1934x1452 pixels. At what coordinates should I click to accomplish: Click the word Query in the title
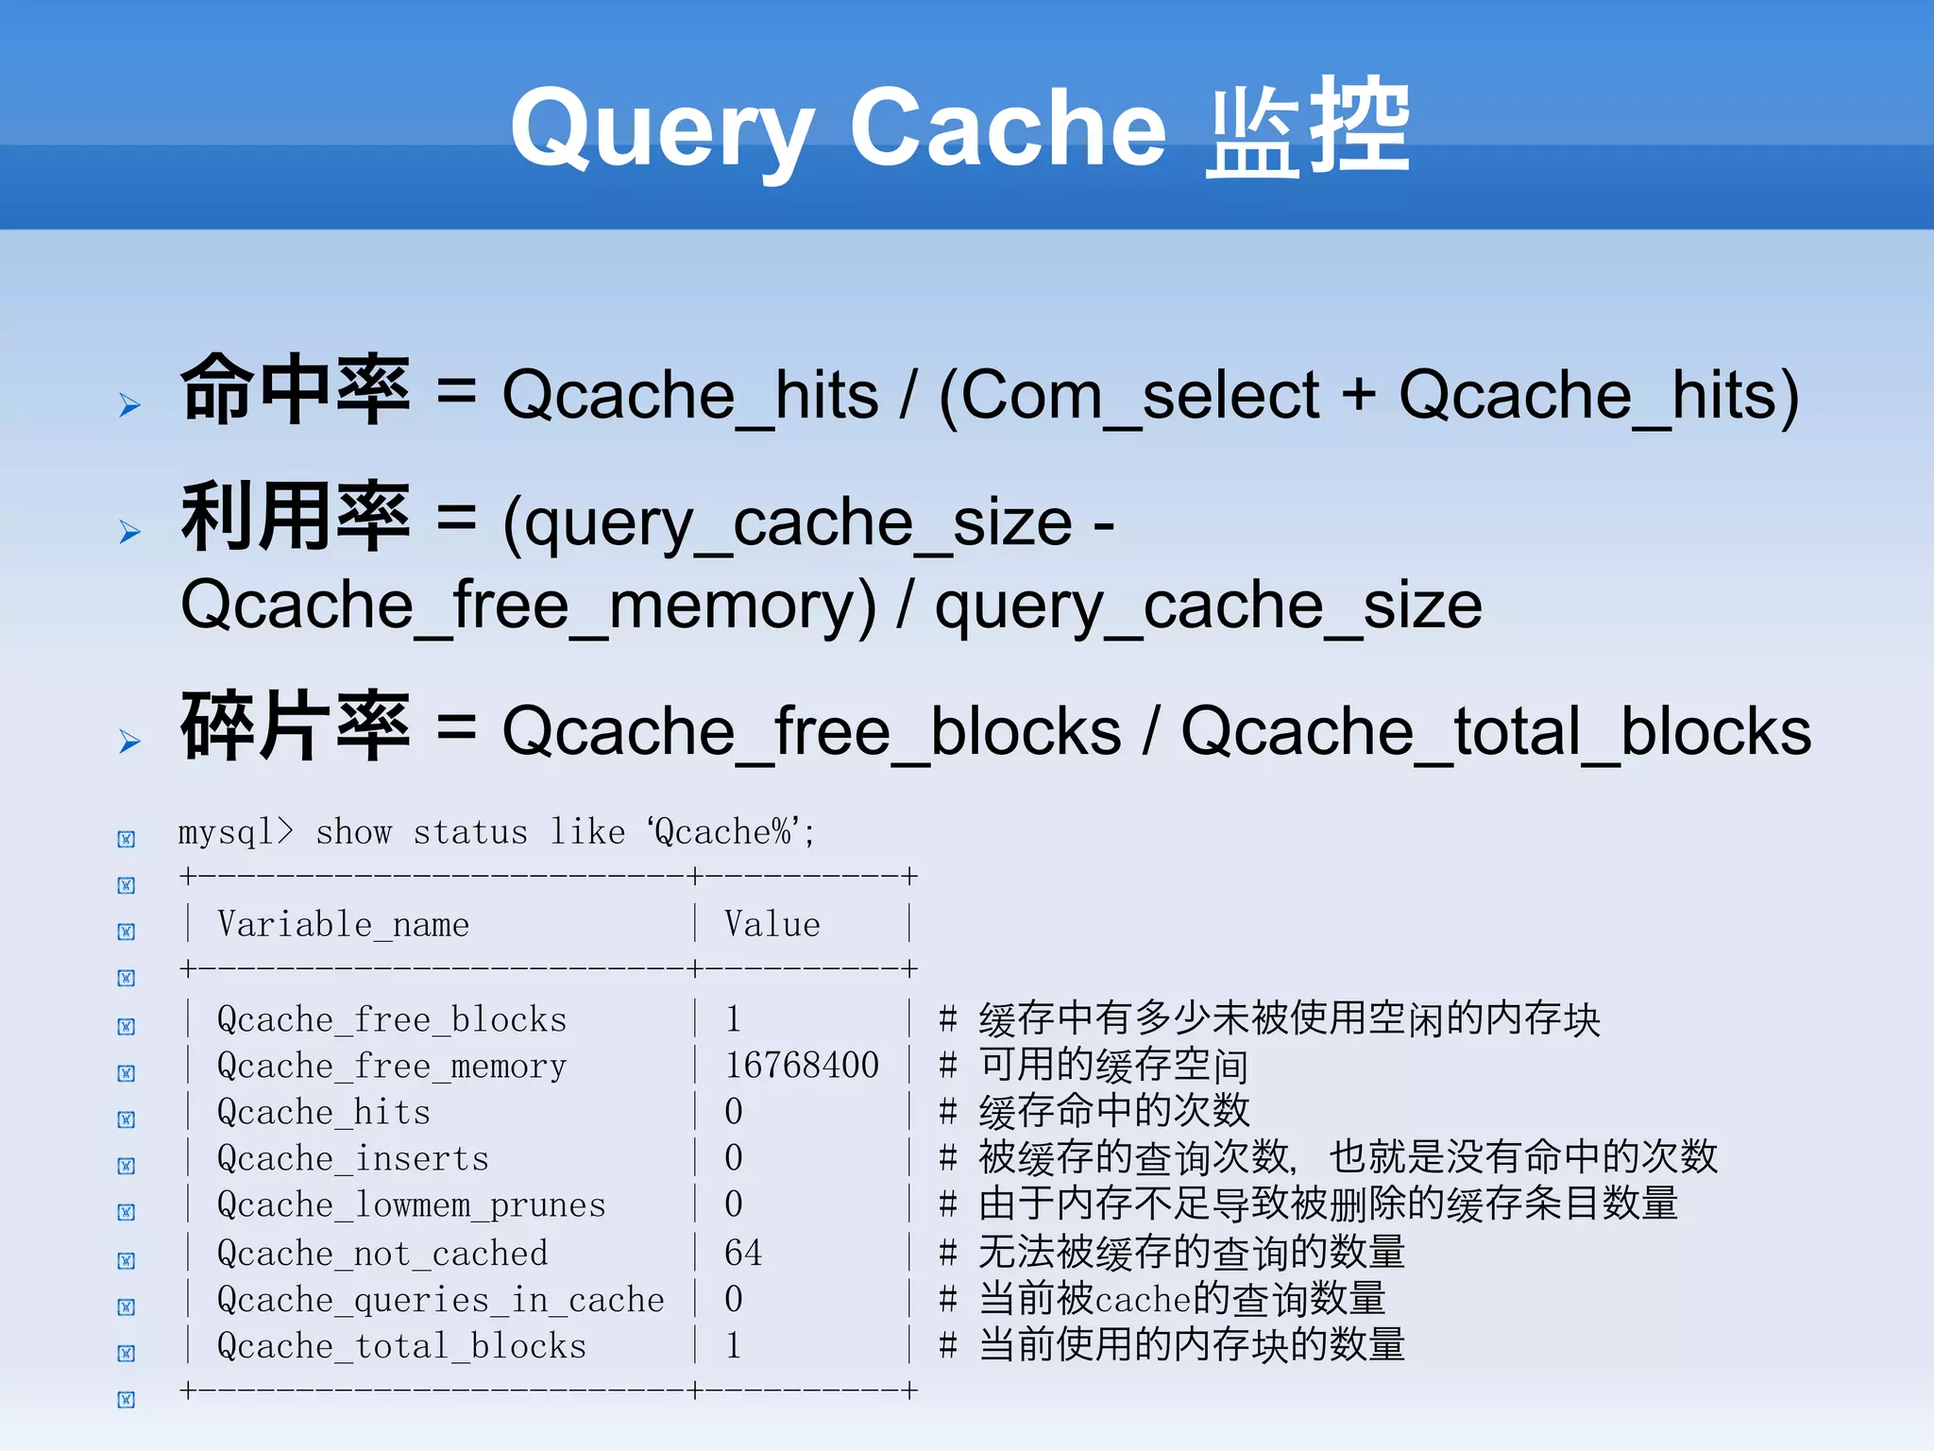click(661, 128)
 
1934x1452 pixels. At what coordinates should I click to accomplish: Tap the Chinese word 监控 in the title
click(1308, 128)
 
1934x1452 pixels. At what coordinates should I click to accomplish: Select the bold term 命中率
click(296, 389)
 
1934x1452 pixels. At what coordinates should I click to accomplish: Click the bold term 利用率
click(296, 517)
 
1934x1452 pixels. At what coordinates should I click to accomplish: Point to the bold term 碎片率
click(296, 726)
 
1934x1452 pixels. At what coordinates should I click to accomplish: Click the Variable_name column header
click(343, 924)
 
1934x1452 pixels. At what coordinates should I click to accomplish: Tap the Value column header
click(772, 924)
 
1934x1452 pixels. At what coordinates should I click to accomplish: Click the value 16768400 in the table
click(801, 1066)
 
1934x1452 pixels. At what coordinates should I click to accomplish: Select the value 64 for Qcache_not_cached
click(742, 1253)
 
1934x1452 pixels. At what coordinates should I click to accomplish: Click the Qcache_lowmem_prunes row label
click(411, 1205)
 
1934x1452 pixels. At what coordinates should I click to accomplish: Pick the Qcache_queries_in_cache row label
click(440, 1300)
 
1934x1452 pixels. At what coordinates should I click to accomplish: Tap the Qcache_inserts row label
click(352, 1158)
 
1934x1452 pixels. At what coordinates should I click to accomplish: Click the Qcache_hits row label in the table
click(323, 1112)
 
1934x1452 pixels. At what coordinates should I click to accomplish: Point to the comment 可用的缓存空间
click(1112, 1066)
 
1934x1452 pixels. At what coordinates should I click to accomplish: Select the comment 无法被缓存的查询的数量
click(1191, 1253)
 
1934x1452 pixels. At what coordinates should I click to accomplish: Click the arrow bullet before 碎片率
click(129, 742)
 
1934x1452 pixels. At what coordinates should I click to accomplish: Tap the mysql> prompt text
click(235, 832)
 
